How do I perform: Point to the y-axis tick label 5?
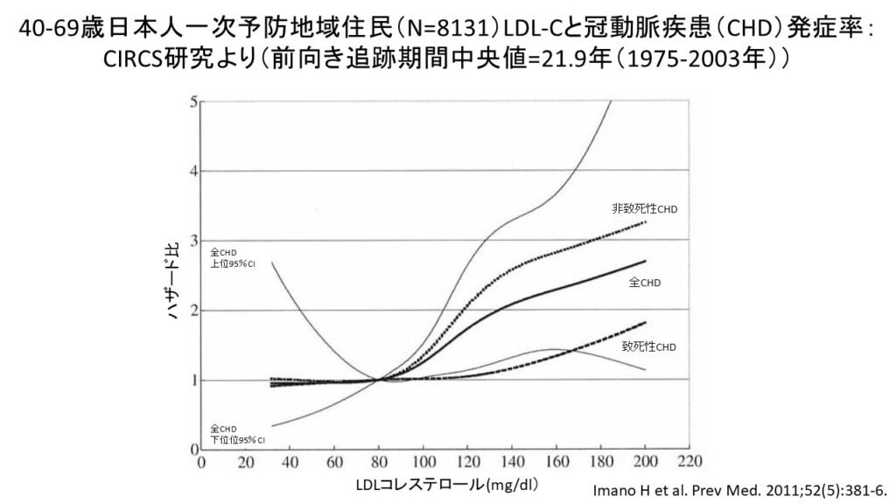[x=192, y=101]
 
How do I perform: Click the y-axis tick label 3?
[x=192, y=241]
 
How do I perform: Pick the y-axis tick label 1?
[x=192, y=381]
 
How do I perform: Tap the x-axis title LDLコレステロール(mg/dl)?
[x=446, y=484]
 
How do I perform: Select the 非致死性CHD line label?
[x=645, y=209]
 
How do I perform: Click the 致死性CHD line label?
[x=649, y=347]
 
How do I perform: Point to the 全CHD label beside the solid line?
[x=644, y=283]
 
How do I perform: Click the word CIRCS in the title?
[x=131, y=59]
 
